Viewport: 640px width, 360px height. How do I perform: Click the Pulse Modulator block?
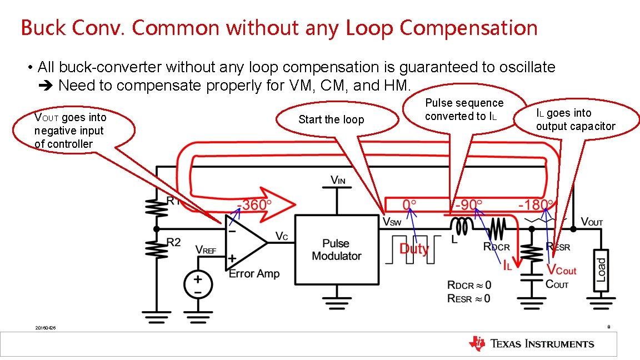point(336,249)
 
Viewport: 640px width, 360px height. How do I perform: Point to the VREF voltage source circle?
point(197,284)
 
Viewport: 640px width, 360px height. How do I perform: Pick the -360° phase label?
point(255,205)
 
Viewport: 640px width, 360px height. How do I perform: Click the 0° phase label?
point(409,205)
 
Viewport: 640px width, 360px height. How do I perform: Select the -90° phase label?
point(469,205)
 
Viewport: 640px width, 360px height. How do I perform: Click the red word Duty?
point(414,248)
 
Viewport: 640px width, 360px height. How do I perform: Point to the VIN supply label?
point(338,180)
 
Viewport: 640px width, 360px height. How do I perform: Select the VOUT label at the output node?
point(591,222)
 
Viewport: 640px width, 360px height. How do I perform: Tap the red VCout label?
point(562,271)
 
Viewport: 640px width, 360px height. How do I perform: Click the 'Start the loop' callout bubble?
point(331,119)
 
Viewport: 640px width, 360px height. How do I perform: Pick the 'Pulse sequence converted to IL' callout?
point(464,109)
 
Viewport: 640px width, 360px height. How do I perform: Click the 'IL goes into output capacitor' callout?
point(575,120)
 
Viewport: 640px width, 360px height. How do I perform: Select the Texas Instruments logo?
point(532,343)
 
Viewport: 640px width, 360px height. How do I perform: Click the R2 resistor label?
point(174,242)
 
